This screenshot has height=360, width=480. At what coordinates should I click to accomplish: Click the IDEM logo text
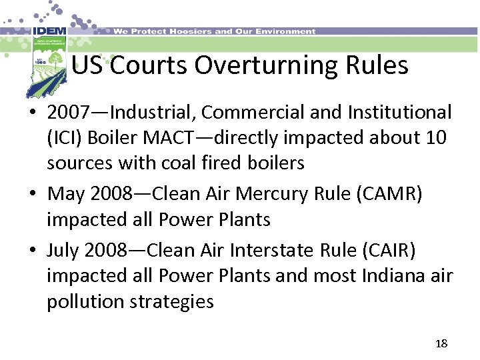coord(49,31)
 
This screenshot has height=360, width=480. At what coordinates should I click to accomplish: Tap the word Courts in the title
coord(147,65)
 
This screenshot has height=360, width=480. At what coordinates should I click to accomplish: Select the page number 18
coord(441,343)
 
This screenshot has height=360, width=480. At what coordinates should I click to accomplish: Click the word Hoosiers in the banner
coord(189,31)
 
